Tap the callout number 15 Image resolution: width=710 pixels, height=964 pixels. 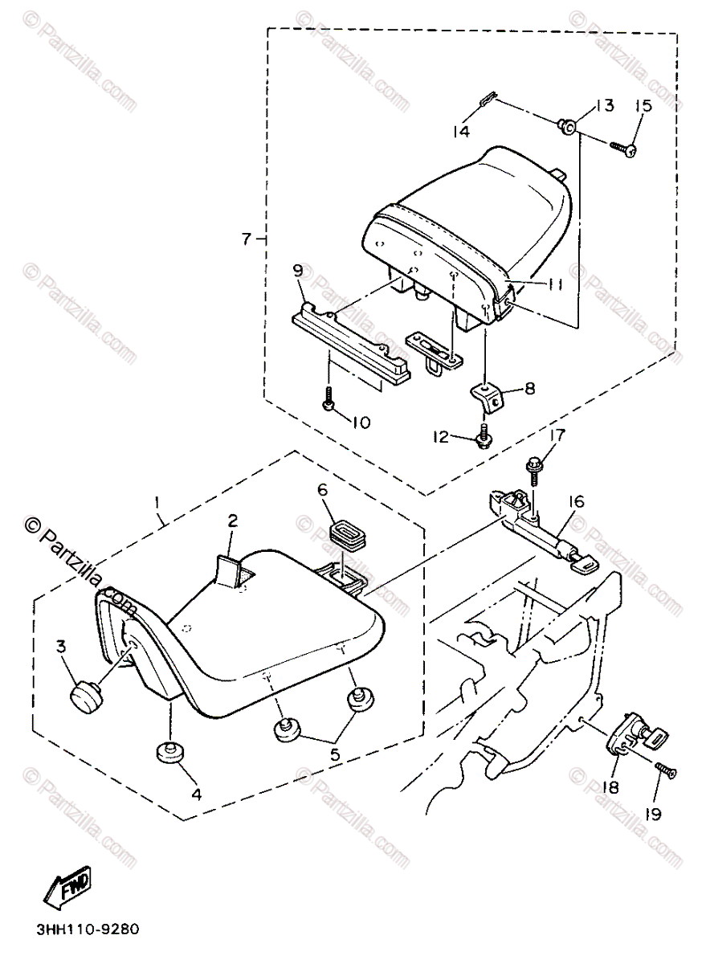[x=643, y=106]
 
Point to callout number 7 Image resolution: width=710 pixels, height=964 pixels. [x=247, y=239]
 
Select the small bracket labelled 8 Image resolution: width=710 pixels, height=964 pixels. [x=488, y=394]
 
